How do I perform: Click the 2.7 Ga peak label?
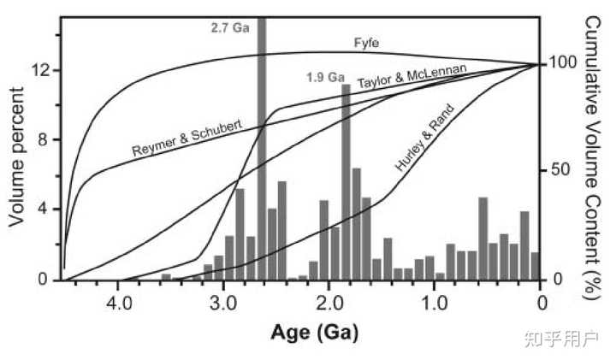click(230, 28)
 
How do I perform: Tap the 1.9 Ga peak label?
click(325, 77)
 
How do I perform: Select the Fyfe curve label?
click(366, 43)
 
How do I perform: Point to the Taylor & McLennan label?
click(412, 75)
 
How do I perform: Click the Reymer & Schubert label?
click(187, 138)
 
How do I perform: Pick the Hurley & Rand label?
click(424, 138)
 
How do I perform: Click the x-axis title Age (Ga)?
click(314, 333)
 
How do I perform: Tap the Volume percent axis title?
click(17, 156)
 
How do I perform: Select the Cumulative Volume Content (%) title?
click(592, 158)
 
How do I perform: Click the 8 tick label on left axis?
click(43, 139)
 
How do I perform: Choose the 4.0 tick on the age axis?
click(120, 303)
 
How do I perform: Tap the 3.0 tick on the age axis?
click(223, 303)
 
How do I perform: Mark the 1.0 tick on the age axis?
click(434, 303)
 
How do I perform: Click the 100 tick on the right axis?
click(563, 62)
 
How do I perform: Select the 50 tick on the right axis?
click(560, 169)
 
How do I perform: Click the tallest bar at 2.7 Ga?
click(262, 149)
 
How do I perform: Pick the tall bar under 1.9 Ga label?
click(346, 182)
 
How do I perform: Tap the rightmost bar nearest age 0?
click(535, 266)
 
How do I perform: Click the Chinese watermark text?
click(562, 339)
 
